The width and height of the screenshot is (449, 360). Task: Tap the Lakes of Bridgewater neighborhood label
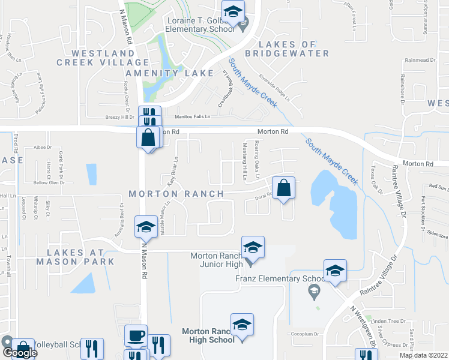click(x=294, y=49)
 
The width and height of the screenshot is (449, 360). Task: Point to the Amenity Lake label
click(x=177, y=73)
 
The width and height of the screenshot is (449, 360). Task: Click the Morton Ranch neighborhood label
click(x=176, y=194)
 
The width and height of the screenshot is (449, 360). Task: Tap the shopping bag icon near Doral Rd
click(x=283, y=188)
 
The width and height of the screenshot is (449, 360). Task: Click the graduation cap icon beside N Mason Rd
click(x=145, y=226)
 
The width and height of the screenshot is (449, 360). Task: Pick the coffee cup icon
click(x=135, y=335)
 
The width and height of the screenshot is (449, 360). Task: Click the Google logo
click(x=19, y=353)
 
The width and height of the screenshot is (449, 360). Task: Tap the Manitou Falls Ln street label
click(x=193, y=117)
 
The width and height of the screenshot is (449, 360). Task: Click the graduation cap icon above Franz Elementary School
click(x=335, y=270)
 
